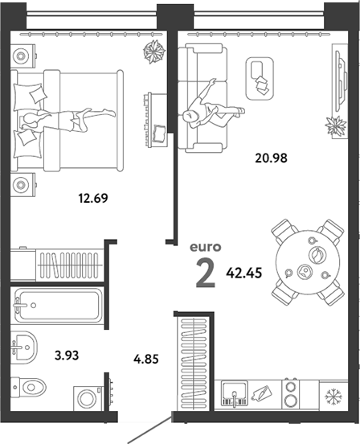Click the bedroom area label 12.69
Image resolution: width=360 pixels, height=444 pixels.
point(93,198)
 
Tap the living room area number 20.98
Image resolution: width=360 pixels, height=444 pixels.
point(271,158)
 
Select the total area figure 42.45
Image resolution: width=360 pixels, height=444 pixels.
point(244,273)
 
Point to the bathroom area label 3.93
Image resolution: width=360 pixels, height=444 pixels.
point(67,355)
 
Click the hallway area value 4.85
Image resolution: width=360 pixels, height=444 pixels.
point(146,359)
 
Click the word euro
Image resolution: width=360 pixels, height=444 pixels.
point(206,247)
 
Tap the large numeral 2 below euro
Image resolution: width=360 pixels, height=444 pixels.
point(206,274)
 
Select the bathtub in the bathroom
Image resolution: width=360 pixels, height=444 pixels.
point(58,306)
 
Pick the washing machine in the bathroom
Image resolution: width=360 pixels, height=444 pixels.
point(88,398)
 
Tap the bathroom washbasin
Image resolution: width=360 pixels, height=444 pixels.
point(24,346)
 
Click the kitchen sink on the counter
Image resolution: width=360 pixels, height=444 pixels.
point(235,394)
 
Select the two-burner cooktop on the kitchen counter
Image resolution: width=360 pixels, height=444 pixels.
point(291,393)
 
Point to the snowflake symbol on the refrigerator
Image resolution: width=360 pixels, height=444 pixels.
point(333,396)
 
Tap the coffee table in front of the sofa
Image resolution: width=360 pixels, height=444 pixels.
point(260,79)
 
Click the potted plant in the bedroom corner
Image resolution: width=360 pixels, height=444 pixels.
point(154,51)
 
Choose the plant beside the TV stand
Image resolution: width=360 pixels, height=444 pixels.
point(336,125)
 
